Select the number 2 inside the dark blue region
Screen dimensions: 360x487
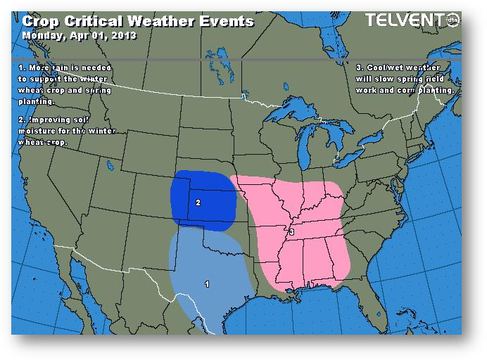click(x=198, y=202)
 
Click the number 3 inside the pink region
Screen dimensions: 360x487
click(x=291, y=231)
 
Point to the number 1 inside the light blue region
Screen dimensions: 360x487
click(x=206, y=284)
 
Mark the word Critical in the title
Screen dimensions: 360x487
click(x=95, y=21)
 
